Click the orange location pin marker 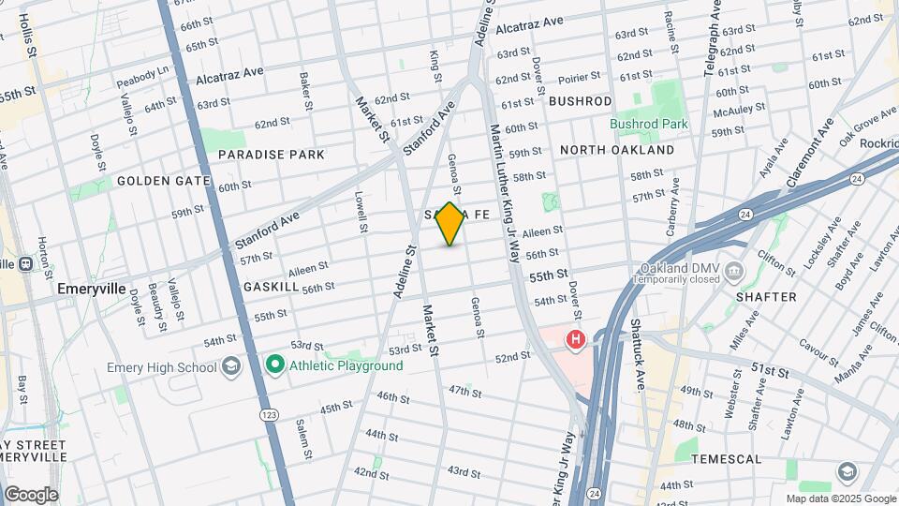(x=450, y=224)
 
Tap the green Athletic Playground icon (x=274, y=365)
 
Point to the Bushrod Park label (x=649, y=124)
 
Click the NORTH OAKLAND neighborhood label (x=616, y=150)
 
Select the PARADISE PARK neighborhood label (x=272, y=155)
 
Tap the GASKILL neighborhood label (x=271, y=287)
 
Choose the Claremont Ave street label (x=811, y=152)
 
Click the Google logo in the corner (x=31, y=494)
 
